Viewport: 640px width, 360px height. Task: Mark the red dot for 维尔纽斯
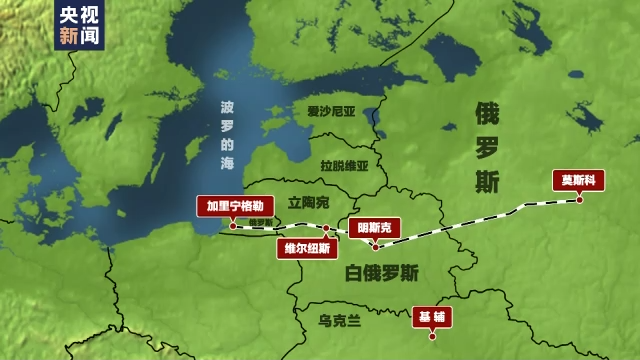(x=326, y=229)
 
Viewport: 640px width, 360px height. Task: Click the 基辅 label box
(x=431, y=316)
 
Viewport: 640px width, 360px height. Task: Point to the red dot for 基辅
(x=432, y=335)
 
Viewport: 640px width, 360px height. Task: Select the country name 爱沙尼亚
(x=331, y=113)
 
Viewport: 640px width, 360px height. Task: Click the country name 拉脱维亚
(x=345, y=166)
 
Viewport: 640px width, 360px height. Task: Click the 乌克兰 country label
(x=340, y=321)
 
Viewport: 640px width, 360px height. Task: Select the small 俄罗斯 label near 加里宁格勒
(x=260, y=222)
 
